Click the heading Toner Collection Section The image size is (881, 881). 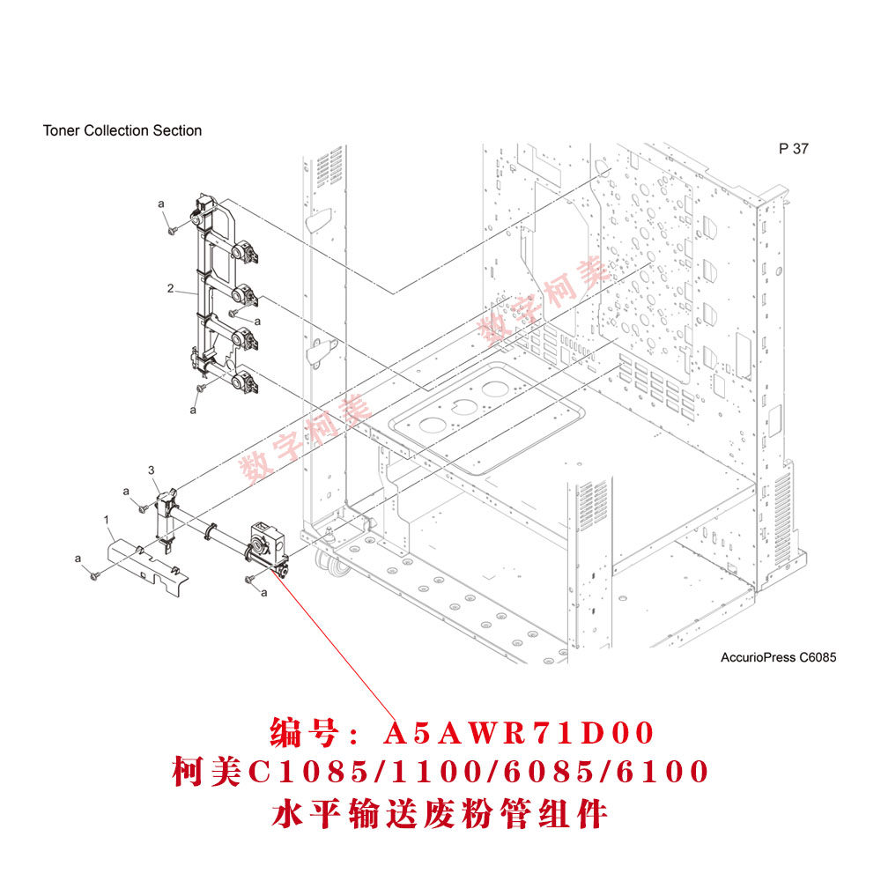pos(122,130)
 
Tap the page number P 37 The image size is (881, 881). pos(793,149)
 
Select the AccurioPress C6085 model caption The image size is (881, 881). pos(778,657)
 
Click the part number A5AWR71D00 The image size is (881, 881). pos(520,733)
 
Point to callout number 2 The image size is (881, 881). pos(170,288)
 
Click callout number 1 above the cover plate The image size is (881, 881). pos(106,522)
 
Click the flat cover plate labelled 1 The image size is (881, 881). pos(145,563)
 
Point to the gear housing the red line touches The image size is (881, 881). pos(265,548)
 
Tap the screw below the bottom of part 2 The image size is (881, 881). pos(202,387)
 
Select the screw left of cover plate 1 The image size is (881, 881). pos(93,574)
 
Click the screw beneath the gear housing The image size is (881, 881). pos(249,578)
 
